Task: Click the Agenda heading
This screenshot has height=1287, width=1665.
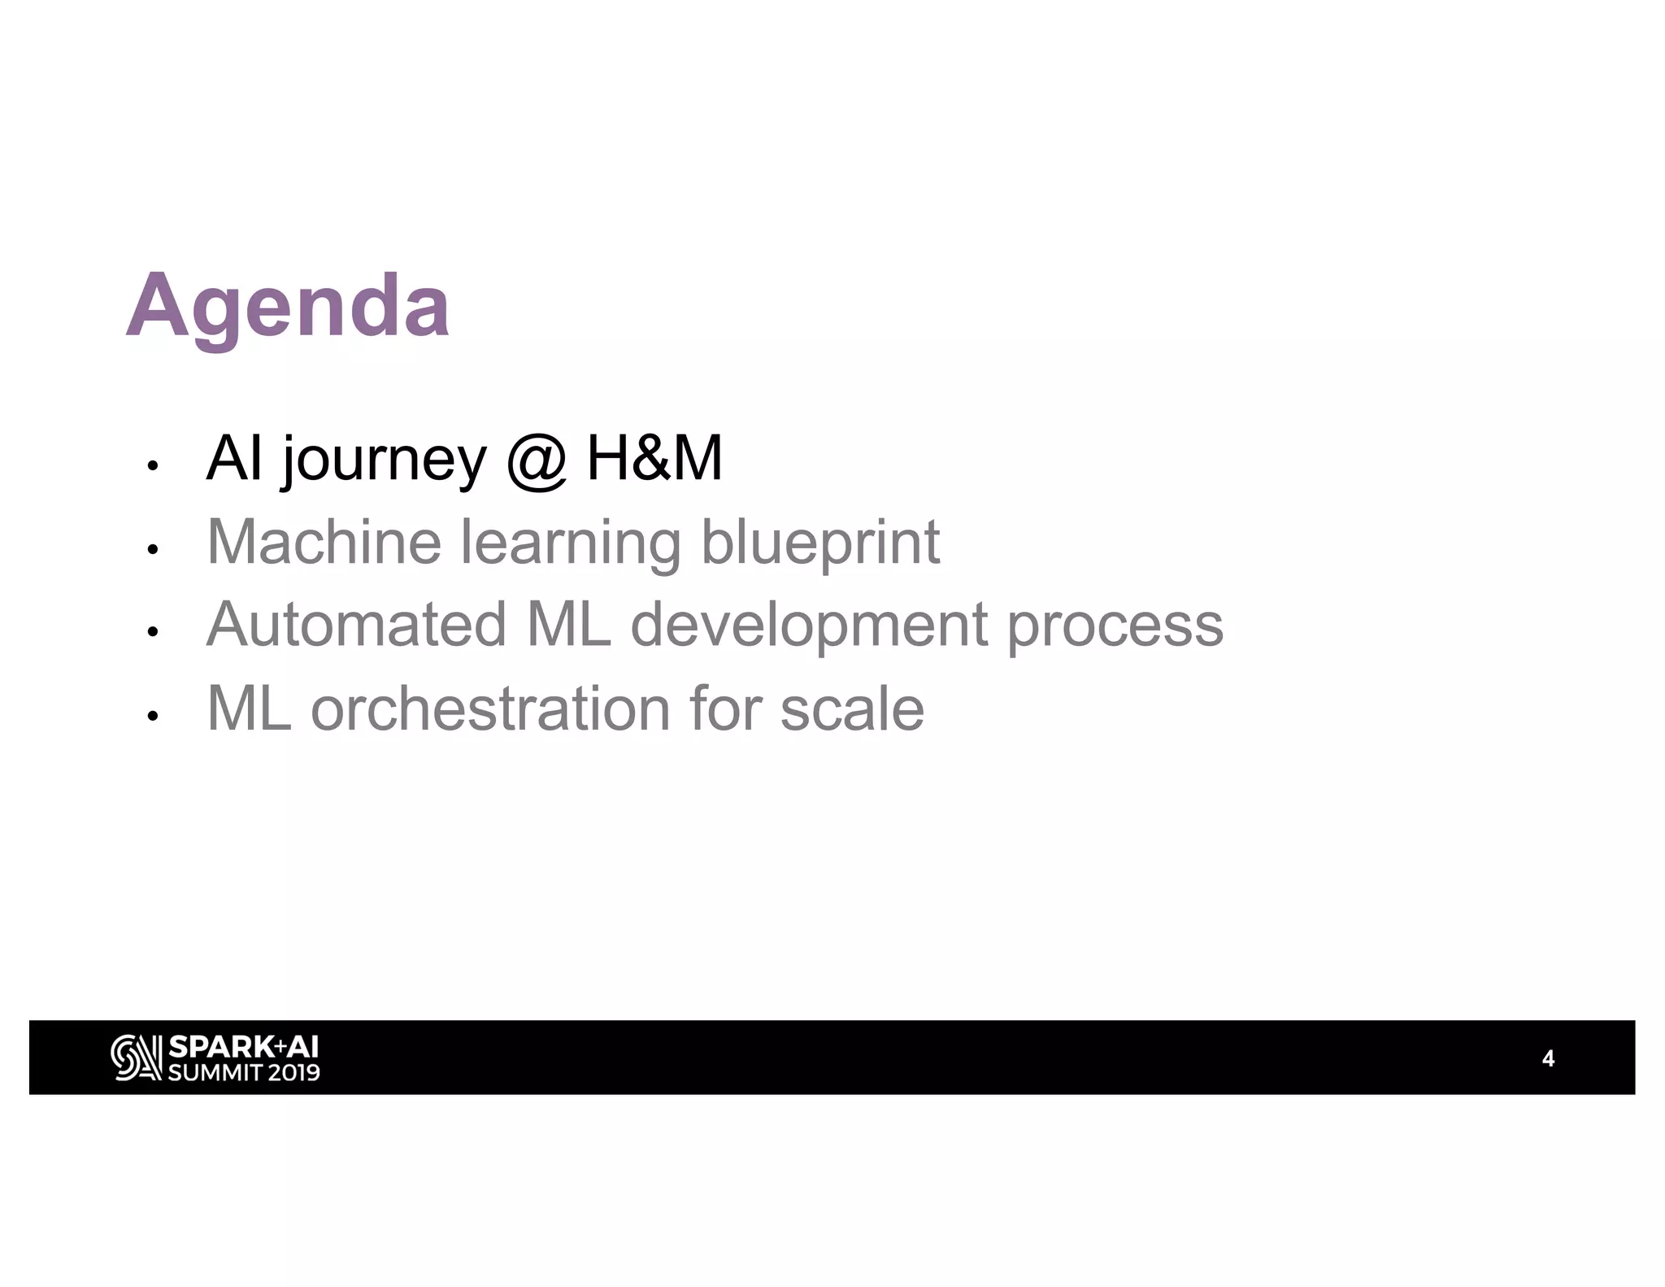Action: [x=288, y=308]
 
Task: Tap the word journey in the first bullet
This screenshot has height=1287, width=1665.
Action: [x=384, y=460]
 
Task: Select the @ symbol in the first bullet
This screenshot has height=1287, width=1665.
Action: [x=536, y=460]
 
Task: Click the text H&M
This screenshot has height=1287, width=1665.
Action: [x=654, y=459]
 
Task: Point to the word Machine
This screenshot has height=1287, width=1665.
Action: [x=324, y=542]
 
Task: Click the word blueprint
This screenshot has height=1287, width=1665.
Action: [x=819, y=543]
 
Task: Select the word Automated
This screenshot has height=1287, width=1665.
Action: [x=356, y=625]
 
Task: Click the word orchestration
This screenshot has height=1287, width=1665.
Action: [x=490, y=709]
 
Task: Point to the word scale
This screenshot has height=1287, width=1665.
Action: [x=851, y=709]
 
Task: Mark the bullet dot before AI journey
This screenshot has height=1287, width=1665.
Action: [x=151, y=466]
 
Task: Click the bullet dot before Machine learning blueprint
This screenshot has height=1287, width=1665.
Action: [x=151, y=550]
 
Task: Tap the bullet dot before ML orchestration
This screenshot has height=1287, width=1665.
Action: [x=151, y=716]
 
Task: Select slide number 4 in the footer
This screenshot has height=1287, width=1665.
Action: [x=1548, y=1058]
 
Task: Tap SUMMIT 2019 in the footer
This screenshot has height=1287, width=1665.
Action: [x=243, y=1072]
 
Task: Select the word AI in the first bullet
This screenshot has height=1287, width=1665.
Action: [x=234, y=459]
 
